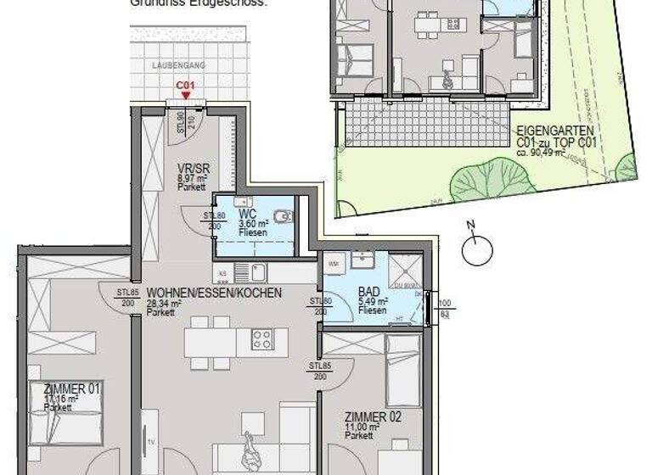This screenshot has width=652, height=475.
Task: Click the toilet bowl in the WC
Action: pyautogui.click(x=286, y=215)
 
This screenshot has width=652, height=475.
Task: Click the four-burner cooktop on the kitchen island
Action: pyautogui.click(x=262, y=339)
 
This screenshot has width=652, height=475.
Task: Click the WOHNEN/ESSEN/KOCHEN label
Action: pyautogui.click(x=213, y=293)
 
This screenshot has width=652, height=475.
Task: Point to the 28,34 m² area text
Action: pyautogui.click(x=165, y=303)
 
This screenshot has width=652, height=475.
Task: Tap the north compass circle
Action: pyautogui.click(x=477, y=251)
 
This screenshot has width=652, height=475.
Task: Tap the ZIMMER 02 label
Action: pyautogui.click(x=373, y=416)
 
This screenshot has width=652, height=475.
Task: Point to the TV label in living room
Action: pyautogui.click(x=149, y=442)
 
